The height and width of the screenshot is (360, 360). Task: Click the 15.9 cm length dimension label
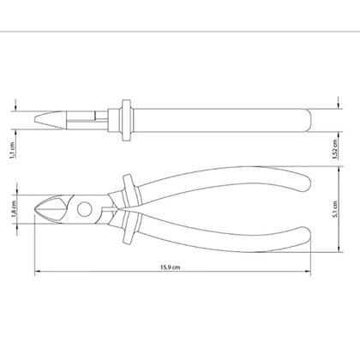tap(170, 267)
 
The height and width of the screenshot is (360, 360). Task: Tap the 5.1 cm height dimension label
tap(335, 209)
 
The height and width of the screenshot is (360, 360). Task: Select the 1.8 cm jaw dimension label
tap(14, 209)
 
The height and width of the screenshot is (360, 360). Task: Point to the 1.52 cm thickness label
tap(335, 149)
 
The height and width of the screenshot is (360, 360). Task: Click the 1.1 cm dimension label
tap(12, 150)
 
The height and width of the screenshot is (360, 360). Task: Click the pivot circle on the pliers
tap(85, 209)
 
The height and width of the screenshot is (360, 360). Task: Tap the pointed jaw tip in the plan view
tap(35, 209)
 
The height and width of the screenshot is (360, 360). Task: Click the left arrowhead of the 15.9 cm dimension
tap(37, 271)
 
